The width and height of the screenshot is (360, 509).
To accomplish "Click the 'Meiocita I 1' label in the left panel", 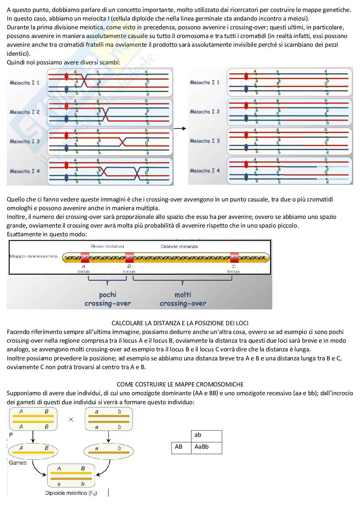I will pyautogui.click(x=25, y=83).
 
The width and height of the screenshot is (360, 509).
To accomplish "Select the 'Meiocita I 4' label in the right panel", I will pyautogui.click(x=205, y=171).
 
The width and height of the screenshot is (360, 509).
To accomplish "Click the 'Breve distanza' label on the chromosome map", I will pyautogui.click(x=107, y=246).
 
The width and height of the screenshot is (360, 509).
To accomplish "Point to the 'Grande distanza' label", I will pyautogui.click(x=179, y=247).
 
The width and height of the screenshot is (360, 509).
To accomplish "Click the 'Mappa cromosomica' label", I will pyautogui.click(x=34, y=256).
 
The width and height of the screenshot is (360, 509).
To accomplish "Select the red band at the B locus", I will pyautogui.click(x=129, y=258).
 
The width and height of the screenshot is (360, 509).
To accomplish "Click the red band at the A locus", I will pyautogui.click(x=85, y=258).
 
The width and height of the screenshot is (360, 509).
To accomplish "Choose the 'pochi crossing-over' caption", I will pyautogui.click(x=107, y=299).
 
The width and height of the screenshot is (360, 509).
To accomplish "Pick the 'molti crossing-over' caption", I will pyautogui.click(x=183, y=299).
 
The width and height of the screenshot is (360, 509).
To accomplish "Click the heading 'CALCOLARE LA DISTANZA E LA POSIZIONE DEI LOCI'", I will pyautogui.click(x=180, y=323).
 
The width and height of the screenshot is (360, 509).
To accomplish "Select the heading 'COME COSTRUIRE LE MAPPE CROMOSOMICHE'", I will pyautogui.click(x=180, y=384).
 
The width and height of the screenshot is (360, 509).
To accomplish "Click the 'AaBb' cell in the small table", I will pyautogui.click(x=202, y=447).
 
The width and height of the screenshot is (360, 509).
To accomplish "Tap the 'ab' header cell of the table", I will pyautogui.click(x=198, y=435).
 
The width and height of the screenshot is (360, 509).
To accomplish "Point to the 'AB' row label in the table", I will pyautogui.click(x=179, y=447).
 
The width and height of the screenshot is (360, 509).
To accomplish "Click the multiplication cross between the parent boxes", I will pyautogui.click(x=71, y=419).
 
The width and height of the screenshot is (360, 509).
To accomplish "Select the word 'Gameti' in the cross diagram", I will pyautogui.click(x=18, y=463).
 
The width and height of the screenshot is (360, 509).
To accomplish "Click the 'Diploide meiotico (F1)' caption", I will pyautogui.click(x=71, y=493).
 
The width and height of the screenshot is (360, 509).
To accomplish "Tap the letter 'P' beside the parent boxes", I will pyautogui.click(x=11, y=435).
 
